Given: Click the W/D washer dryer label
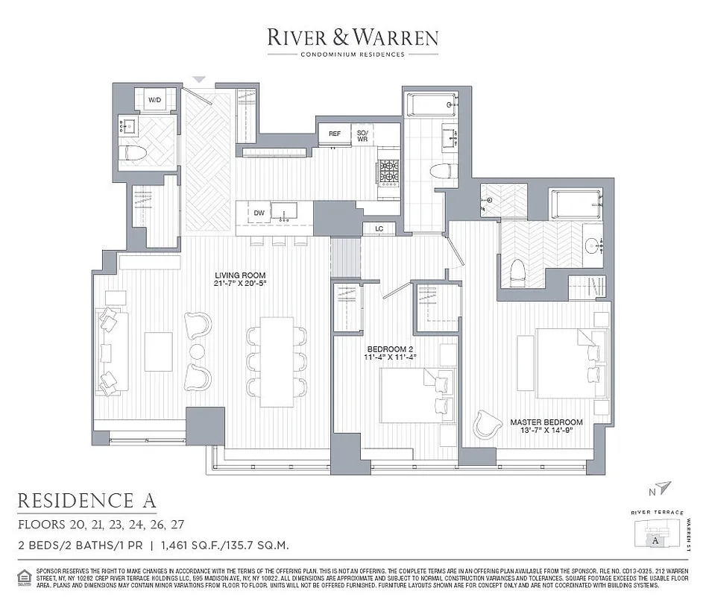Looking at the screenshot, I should click(x=155, y=99).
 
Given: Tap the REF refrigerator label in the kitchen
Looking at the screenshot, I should click(x=335, y=134).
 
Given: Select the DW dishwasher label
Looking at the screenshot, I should click(x=259, y=213).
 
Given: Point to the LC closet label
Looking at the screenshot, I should click(x=379, y=228).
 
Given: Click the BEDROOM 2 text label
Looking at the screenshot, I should click(x=389, y=348).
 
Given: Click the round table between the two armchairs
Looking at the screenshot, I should click(x=197, y=351).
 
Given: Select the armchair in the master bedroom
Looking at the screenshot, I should click(x=488, y=425).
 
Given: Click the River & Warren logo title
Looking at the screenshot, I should click(x=353, y=38).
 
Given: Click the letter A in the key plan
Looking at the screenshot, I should click(x=654, y=540).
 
